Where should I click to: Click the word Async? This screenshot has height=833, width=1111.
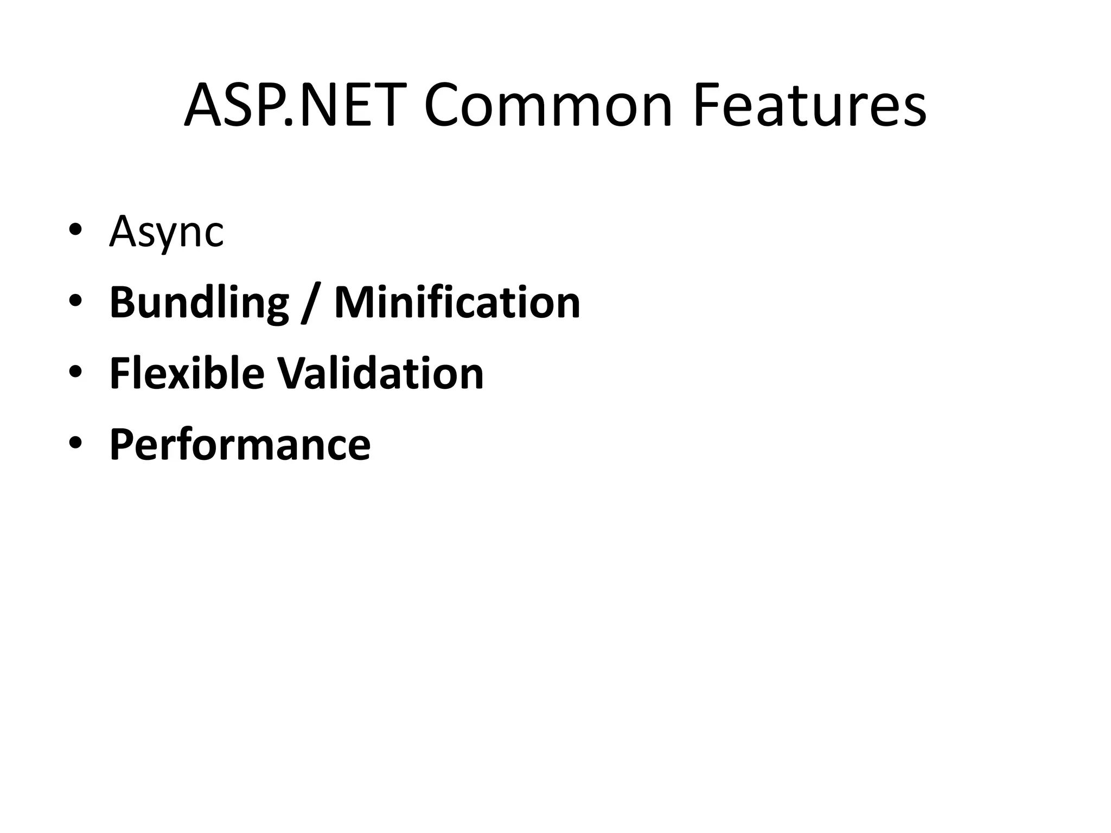click(x=167, y=232)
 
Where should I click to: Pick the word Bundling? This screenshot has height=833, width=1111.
click(x=199, y=303)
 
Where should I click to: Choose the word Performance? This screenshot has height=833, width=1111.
click(x=240, y=445)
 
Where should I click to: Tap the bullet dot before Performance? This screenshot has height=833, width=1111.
click(x=75, y=443)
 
